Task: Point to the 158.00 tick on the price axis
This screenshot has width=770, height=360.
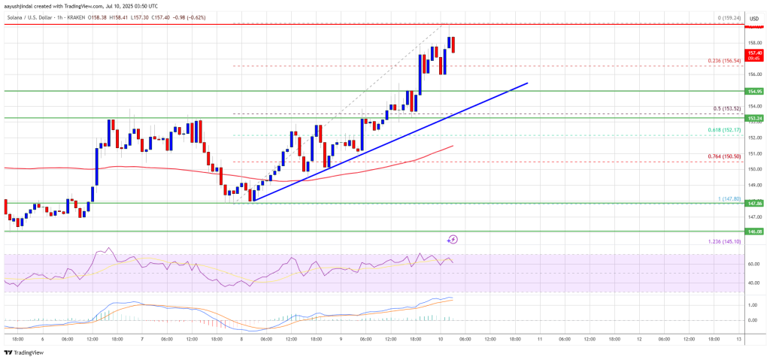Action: click(753, 43)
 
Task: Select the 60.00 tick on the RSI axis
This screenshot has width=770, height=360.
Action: click(753, 265)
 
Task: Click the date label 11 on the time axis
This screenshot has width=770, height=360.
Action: click(539, 339)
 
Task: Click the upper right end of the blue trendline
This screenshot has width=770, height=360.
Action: click(527, 83)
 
